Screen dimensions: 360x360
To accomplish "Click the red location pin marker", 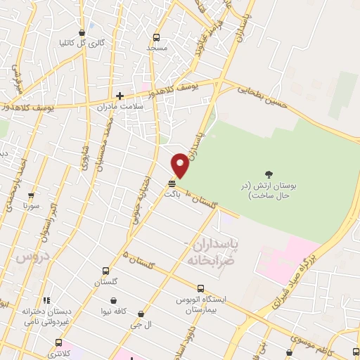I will [181, 165].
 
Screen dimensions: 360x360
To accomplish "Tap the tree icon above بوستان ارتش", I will [268, 174].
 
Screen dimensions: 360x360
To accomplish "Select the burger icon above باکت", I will [172, 183].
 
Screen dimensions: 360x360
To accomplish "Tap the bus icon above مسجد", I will [156, 37].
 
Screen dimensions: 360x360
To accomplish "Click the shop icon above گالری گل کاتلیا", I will [82, 32].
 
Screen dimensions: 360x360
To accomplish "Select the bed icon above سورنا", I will [30, 196].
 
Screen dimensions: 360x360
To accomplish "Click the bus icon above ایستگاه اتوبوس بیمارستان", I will [201, 288].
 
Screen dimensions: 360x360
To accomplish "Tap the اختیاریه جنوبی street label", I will [136, 200].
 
